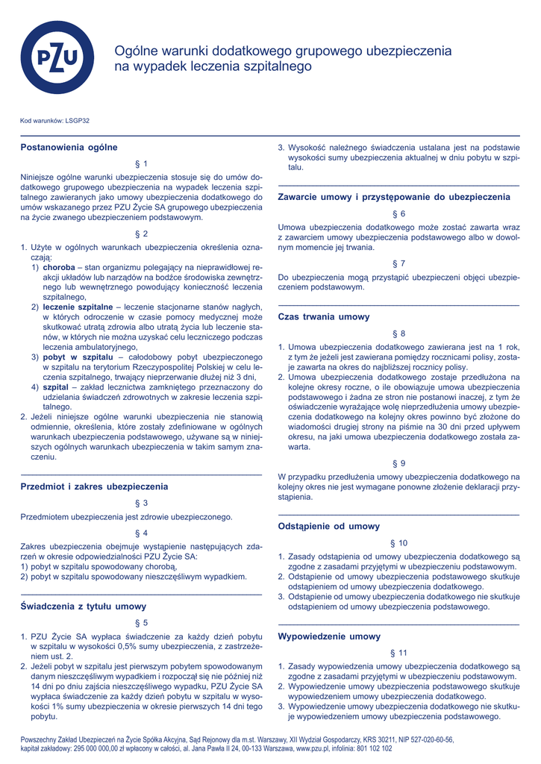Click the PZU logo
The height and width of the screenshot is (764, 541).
(x=57, y=57)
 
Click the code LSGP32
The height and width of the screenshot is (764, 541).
(x=78, y=120)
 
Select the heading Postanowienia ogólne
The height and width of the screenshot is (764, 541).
(x=69, y=148)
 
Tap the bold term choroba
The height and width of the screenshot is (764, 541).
(x=59, y=266)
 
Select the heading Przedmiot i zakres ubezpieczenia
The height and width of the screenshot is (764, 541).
(x=94, y=486)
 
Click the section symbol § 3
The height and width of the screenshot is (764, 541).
(x=141, y=503)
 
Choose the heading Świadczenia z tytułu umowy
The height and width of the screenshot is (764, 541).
(x=84, y=607)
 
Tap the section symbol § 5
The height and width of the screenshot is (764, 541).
(x=141, y=623)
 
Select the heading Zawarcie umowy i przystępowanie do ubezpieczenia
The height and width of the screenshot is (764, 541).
(x=394, y=197)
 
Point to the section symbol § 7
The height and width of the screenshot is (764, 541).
(x=398, y=263)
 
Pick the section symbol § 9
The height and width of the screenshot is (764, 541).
(x=398, y=463)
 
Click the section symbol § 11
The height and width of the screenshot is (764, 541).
(x=398, y=653)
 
